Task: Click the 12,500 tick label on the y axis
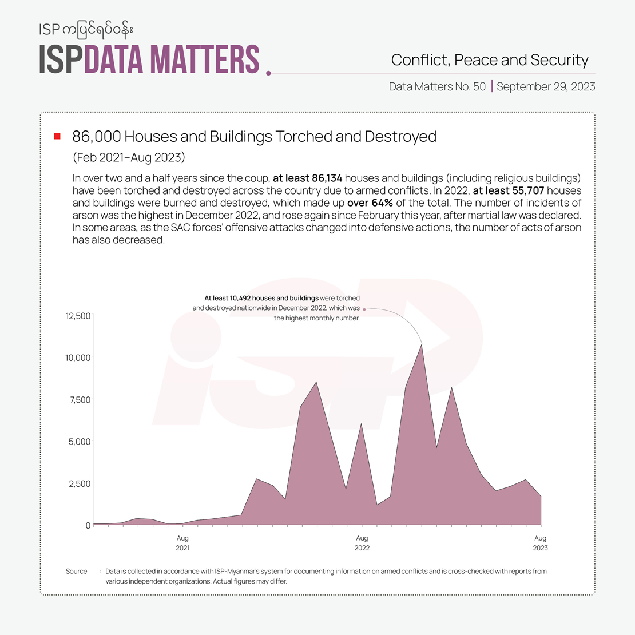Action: pos(78,316)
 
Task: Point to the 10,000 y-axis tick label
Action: pos(78,358)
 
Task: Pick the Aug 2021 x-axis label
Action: pos(182,543)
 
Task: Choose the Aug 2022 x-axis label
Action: pos(362,543)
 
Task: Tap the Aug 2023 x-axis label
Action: pos(540,543)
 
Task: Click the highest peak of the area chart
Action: pos(422,344)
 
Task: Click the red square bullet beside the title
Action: pos(57,136)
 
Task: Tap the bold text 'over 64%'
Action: pos(370,203)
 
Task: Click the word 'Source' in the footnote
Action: pos(76,571)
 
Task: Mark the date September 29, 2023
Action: pos(546,87)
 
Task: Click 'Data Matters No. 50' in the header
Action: pos(437,87)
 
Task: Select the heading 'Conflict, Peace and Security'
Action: pos(490,60)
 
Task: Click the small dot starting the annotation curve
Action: pos(364,309)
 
